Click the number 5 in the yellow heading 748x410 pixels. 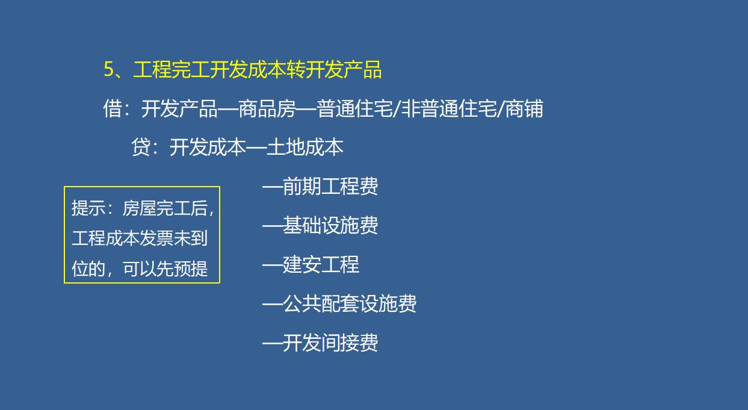[x=109, y=70]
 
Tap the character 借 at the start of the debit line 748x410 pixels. [x=113, y=109]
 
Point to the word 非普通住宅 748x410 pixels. [x=448, y=109]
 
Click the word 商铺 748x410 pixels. [x=524, y=109]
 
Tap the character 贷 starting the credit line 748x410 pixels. [x=141, y=148]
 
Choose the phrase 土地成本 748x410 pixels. [x=305, y=148]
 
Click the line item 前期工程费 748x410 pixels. [x=330, y=187]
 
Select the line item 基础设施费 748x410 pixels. [x=330, y=226]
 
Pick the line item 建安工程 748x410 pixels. [x=321, y=265]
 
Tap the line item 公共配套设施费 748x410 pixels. [x=349, y=304]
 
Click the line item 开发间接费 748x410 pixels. [x=330, y=343]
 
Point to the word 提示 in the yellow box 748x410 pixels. [x=89, y=208]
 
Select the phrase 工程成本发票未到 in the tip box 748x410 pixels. [x=140, y=238]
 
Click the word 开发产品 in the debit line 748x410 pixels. [x=179, y=109]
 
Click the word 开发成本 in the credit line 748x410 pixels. [x=208, y=148]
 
